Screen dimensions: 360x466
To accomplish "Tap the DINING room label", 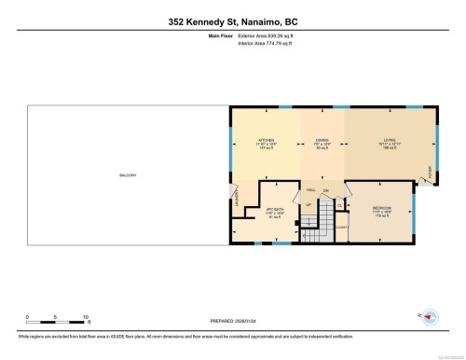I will (x=321, y=141).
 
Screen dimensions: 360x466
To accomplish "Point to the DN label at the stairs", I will (x=325, y=191).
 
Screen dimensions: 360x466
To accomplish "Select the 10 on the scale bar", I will (x=86, y=316).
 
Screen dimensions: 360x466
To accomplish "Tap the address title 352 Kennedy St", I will (x=232, y=21).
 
